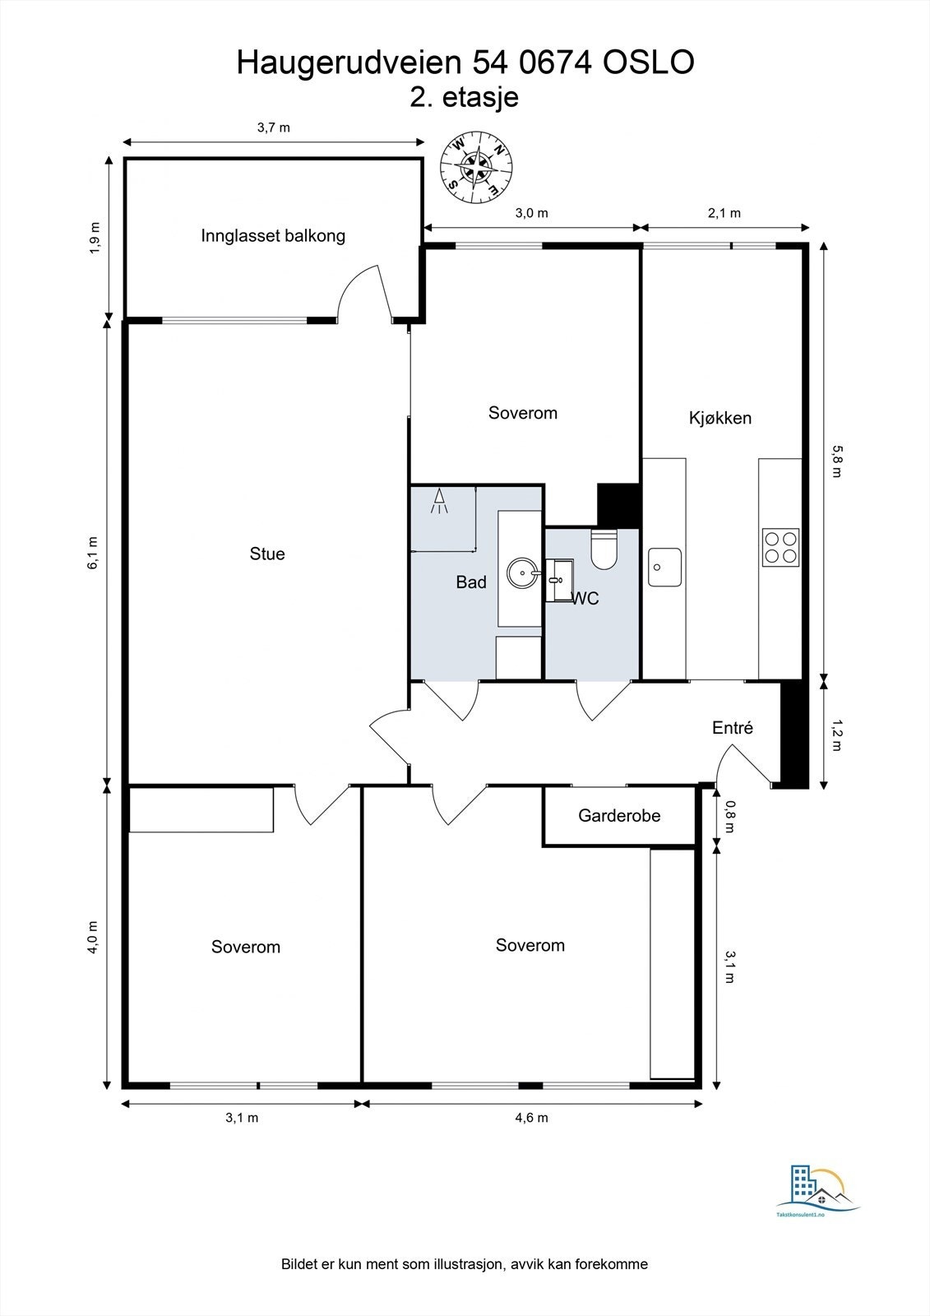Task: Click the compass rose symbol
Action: click(476, 168)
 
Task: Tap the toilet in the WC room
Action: click(604, 549)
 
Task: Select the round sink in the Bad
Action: click(522, 572)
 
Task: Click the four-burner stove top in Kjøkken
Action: click(781, 547)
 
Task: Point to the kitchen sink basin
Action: click(665, 568)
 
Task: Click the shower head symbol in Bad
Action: click(439, 501)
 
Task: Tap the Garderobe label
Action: click(619, 815)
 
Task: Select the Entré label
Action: click(732, 728)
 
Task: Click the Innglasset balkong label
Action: click(273, 236)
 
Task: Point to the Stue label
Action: click(267, 554)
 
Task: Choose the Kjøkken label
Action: click(720, 419)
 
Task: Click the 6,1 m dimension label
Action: click(94, 553)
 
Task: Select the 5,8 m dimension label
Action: click(836, 461)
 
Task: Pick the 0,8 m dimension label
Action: click(729, 817)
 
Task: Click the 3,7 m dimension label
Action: click(273, 127)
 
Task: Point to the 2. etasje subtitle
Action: click(464, 98)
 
